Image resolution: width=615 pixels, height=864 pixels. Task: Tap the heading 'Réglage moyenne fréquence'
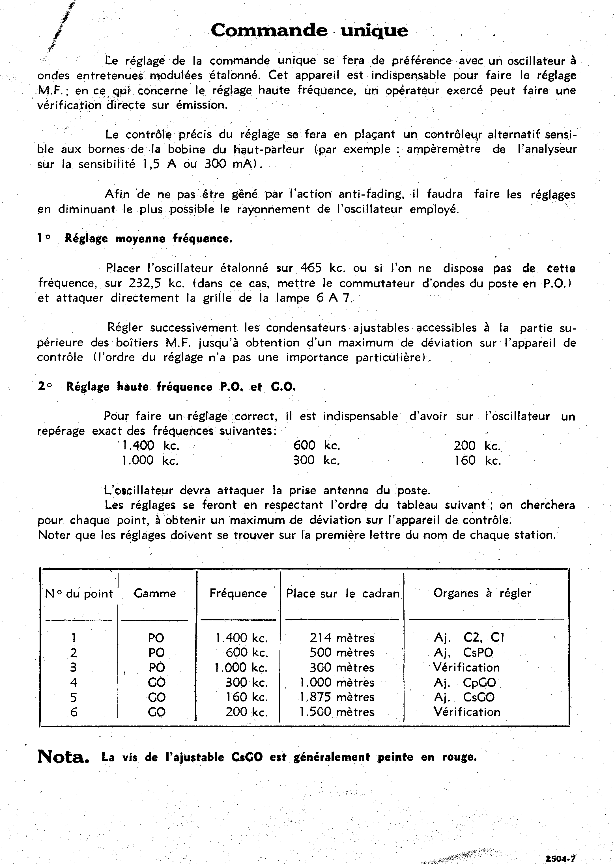click(148, 239)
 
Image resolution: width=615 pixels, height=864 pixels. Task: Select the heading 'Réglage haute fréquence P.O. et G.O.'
click(181, 387)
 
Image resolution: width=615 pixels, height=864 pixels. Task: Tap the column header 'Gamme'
click(155, 593)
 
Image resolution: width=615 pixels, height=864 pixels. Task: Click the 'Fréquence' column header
click(238, 593)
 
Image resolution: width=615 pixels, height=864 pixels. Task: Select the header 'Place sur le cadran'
click(343, 594)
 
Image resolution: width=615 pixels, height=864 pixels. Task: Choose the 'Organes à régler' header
click(482, 593)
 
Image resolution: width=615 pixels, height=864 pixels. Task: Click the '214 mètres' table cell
click(342, 638)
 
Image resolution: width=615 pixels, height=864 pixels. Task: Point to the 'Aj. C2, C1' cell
click(469, 638)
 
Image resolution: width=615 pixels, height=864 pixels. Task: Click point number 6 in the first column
click(74, 712)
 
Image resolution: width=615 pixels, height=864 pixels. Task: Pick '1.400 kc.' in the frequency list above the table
click(150, 446)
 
